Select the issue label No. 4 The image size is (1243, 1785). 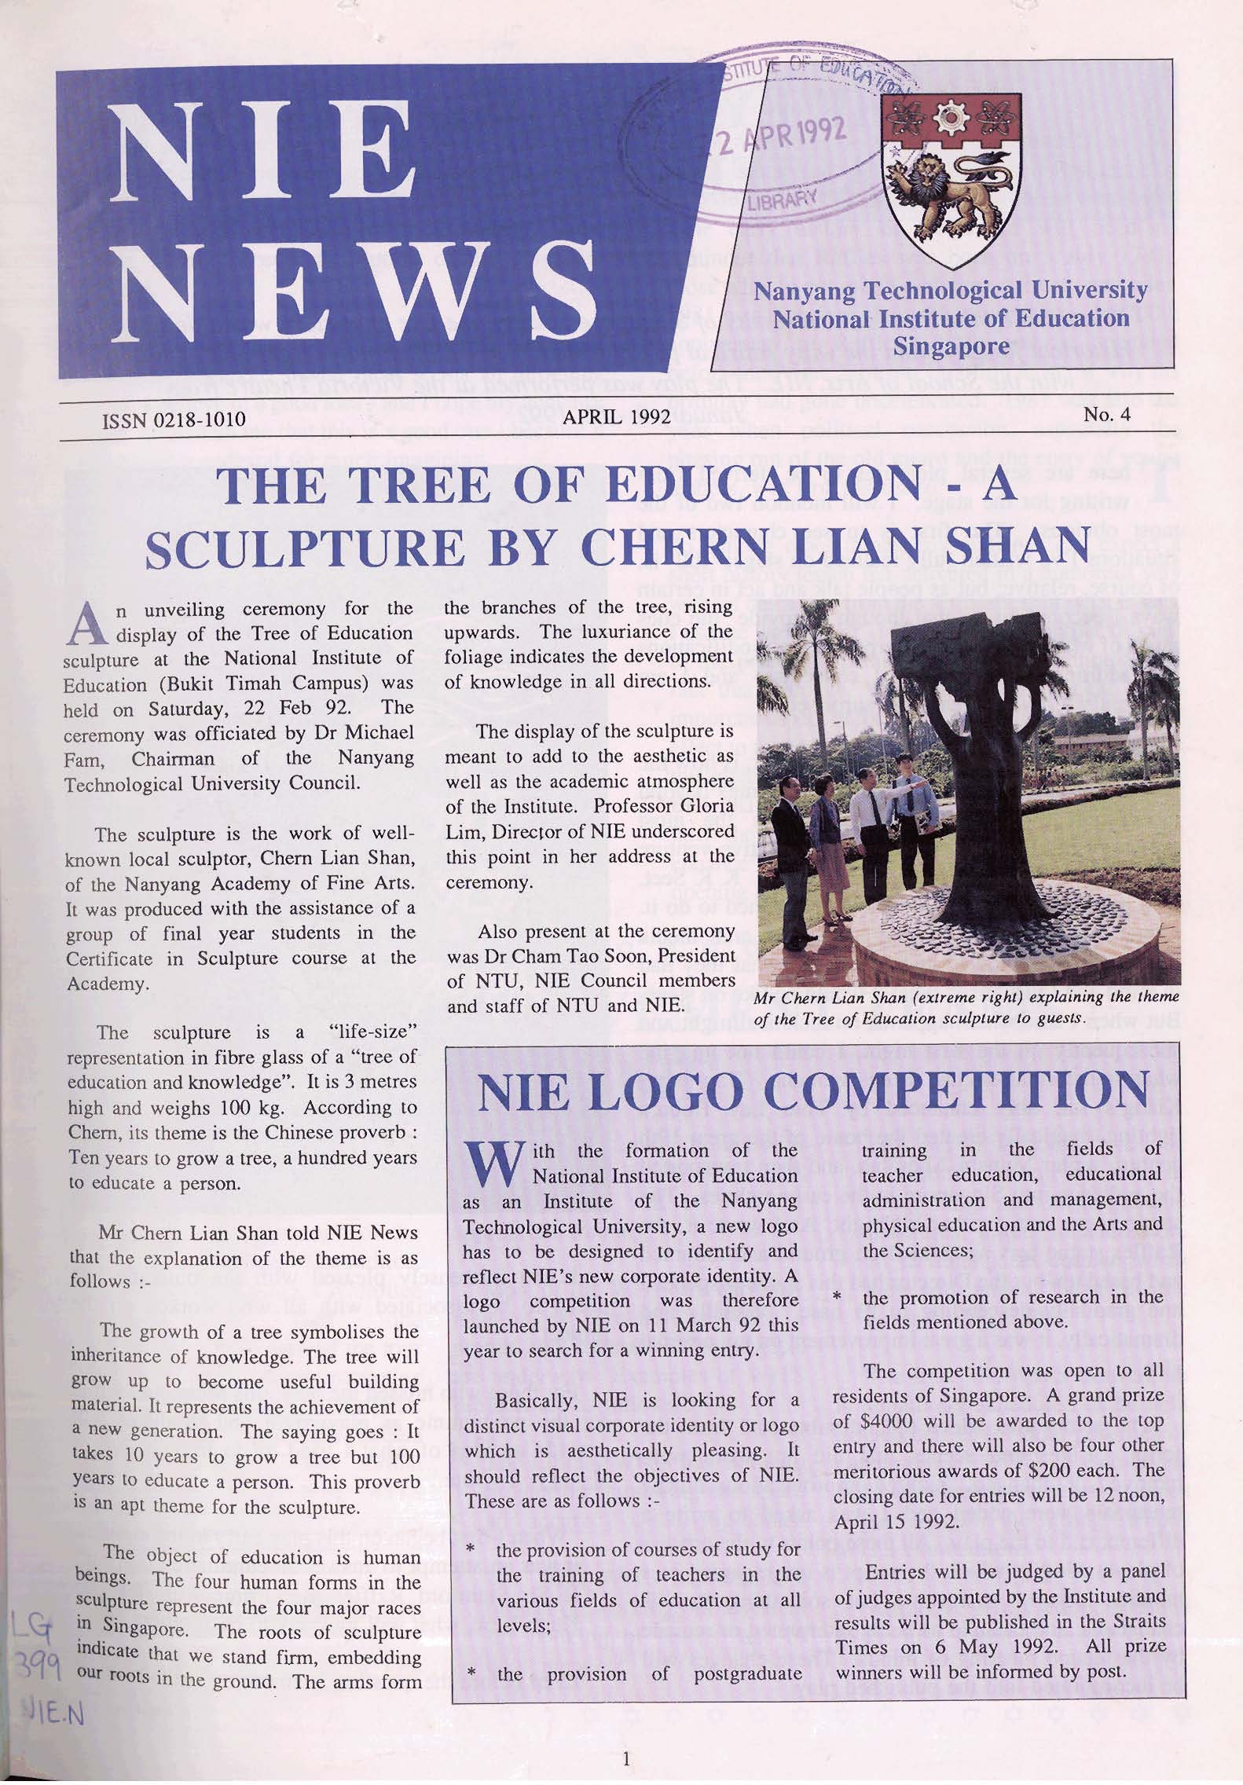(x=1107, y=414)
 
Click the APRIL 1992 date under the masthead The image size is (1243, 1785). (x=617, y=416)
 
